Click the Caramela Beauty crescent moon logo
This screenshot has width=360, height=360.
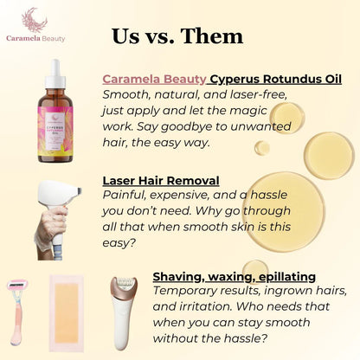(x=34, y=17)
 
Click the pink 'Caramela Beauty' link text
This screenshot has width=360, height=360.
(x=153, y=78)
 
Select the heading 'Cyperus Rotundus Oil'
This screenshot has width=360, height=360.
(x=269, y=78)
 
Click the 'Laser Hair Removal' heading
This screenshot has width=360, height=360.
(x=160, y=182)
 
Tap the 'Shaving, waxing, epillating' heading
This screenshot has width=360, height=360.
(x=234, y=276)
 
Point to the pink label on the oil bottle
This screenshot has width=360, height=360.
(x=56, y=138)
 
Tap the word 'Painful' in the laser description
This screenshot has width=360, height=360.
(x=125, y=197)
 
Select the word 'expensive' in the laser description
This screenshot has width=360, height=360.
(x=188, y=197)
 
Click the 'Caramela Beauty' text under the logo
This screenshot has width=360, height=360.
(x=34, y=38)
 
